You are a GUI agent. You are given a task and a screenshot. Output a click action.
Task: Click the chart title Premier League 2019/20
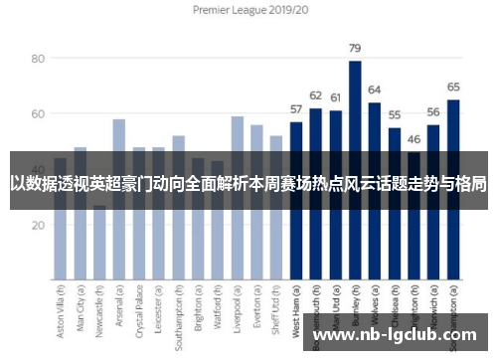click(x=248, y=10)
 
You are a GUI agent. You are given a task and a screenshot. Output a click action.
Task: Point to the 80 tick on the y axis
click(x=37, y=59)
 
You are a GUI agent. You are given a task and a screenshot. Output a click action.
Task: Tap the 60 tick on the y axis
click(x=37, y=114)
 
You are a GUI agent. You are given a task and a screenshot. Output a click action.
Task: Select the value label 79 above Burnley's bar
click(x=354, y=48)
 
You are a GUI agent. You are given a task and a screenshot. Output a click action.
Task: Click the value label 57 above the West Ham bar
click(x=296, y=109)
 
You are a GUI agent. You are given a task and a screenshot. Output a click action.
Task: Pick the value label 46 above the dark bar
click(x=414, y=139)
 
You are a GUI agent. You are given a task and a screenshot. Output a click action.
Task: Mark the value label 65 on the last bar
click(x=453, y=87)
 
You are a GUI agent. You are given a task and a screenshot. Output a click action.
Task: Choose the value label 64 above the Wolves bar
click(x=374, y=90)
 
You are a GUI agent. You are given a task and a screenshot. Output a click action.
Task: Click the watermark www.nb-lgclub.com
click(x=398, y=335)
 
